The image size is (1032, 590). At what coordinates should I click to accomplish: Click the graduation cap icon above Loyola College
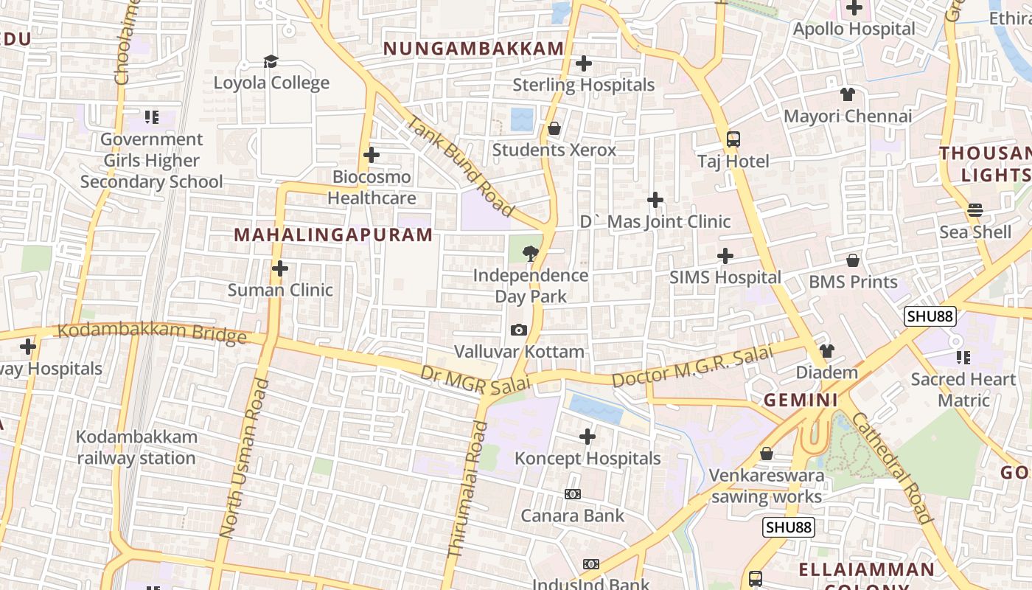coord(271,61)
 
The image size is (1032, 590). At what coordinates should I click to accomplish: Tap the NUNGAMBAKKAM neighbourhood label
coord(473,49)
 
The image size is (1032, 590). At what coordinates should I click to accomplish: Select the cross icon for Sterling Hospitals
coord(584,63)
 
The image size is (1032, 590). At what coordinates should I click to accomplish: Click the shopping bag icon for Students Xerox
coord(554,129)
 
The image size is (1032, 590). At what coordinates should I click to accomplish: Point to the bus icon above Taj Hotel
coord(733,139)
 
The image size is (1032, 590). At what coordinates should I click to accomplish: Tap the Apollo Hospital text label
coord(854,29)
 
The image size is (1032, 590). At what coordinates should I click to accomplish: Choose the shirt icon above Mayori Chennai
coord(848,94)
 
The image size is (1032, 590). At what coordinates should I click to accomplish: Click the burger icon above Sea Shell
coord(975,210)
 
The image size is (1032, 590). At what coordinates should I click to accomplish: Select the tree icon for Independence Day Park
coord(530,254)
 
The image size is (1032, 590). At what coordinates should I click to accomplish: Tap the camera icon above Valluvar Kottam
coord(519,330)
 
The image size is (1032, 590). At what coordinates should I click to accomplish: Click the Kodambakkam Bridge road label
coord(152,333)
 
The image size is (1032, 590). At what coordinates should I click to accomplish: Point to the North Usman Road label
coord(241,458)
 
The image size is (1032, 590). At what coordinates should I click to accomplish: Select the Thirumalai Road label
coord(468,488)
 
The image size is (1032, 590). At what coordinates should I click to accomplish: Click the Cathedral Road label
coord(892,468)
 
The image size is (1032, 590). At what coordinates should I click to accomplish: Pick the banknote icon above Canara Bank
coord(573,494)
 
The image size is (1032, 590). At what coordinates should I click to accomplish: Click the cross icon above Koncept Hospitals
coord(588,437)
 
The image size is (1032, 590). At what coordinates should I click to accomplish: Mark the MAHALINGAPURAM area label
coord(333,235)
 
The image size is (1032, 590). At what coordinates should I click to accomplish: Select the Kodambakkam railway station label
coord(136,447)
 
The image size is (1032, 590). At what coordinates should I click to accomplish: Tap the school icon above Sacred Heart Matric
coord(963,358)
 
